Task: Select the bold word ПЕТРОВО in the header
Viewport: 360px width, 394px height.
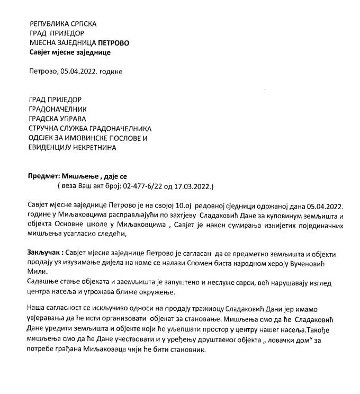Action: (x=114, y=43)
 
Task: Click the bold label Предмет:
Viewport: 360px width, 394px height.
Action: (x=44, y=176)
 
